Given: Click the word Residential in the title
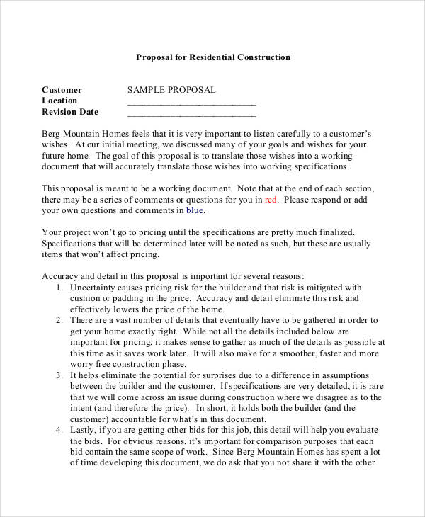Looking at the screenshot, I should click(211, 57).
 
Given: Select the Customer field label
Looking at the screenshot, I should click(62, 90).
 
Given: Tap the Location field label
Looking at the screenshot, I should click(59, 101).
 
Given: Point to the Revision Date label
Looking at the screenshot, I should click(70, 112).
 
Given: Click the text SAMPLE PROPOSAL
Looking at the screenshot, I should click(171, 90).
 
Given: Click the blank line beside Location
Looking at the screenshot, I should click(191, 103).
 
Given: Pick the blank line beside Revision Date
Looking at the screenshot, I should click(191, 114).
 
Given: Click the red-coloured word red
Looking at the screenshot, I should click(271, 200).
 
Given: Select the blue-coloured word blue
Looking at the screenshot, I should click(195, 210).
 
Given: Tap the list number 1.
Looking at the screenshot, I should click(58, 288).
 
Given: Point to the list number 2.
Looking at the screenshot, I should click(58, 321).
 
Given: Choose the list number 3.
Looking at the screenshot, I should click(58, 375).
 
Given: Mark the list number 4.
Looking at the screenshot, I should click(58, 431).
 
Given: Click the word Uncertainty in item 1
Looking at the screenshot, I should click(94, 288).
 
